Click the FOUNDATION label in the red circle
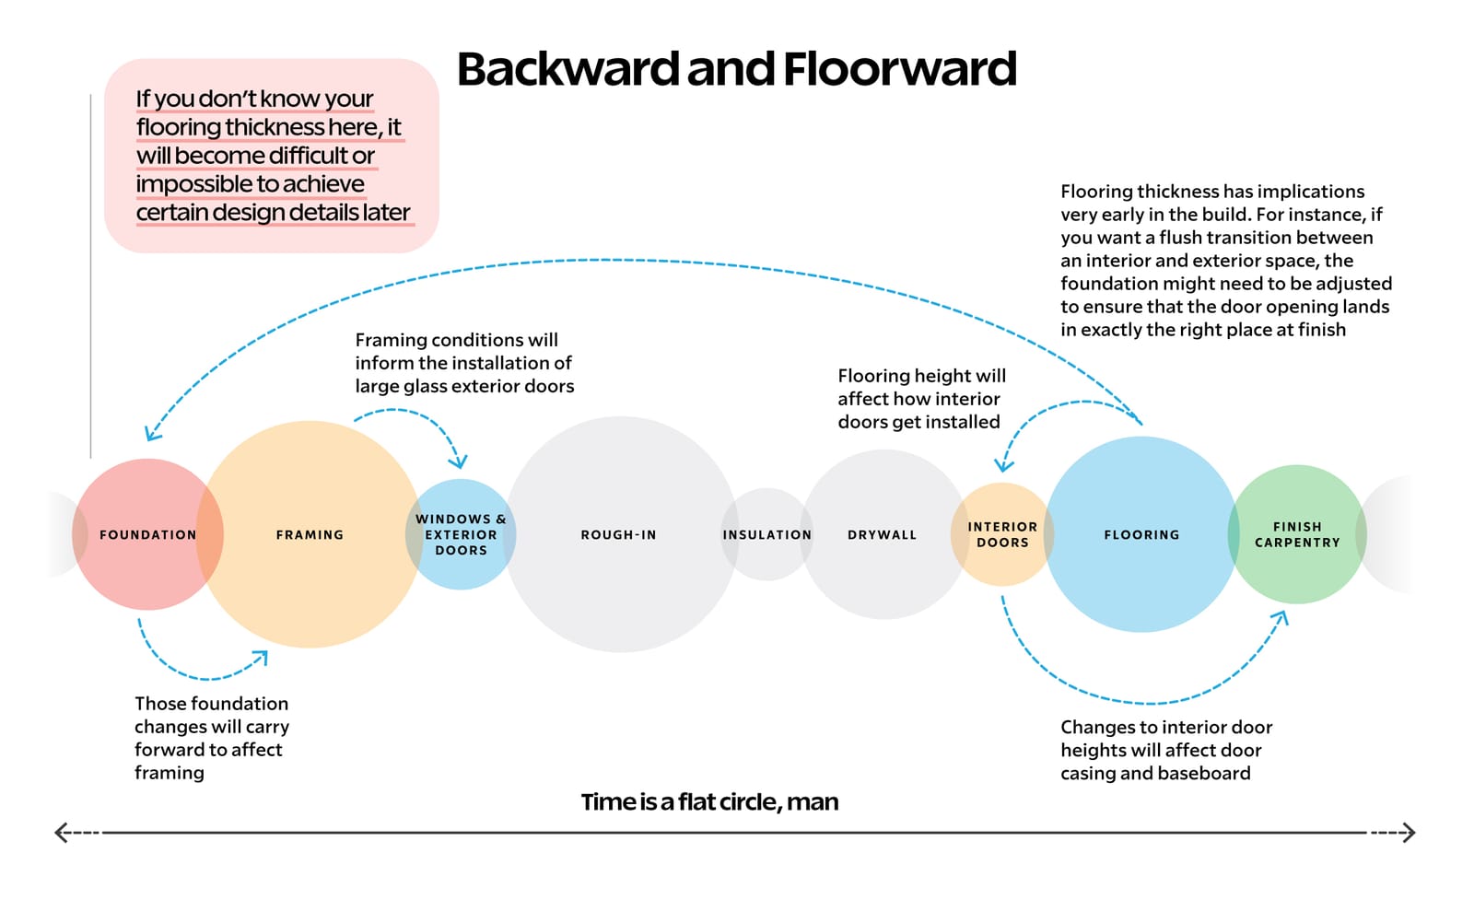(x=147, y=534)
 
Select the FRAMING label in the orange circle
(x=310, y=534)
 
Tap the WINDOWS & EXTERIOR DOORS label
(x=461, y=534)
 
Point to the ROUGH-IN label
(x=618, y=534)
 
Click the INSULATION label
(x=766, y=534)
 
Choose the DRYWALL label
(x=882, y=534)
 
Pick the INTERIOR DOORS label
(x=1002, y=534)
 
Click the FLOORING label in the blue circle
(x=1141, y=534)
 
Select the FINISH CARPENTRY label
(x=1297, y=534)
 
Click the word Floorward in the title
(x=899, y=69)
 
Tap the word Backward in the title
(x=567, y=69)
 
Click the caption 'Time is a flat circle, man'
(x=709, y=801)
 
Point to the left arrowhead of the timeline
(x=61, y=833)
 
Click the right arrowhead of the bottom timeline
(x=1409, y=833)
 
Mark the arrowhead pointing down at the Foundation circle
(x=150, y=435)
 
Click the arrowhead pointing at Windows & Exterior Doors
(x=458, y=461)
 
